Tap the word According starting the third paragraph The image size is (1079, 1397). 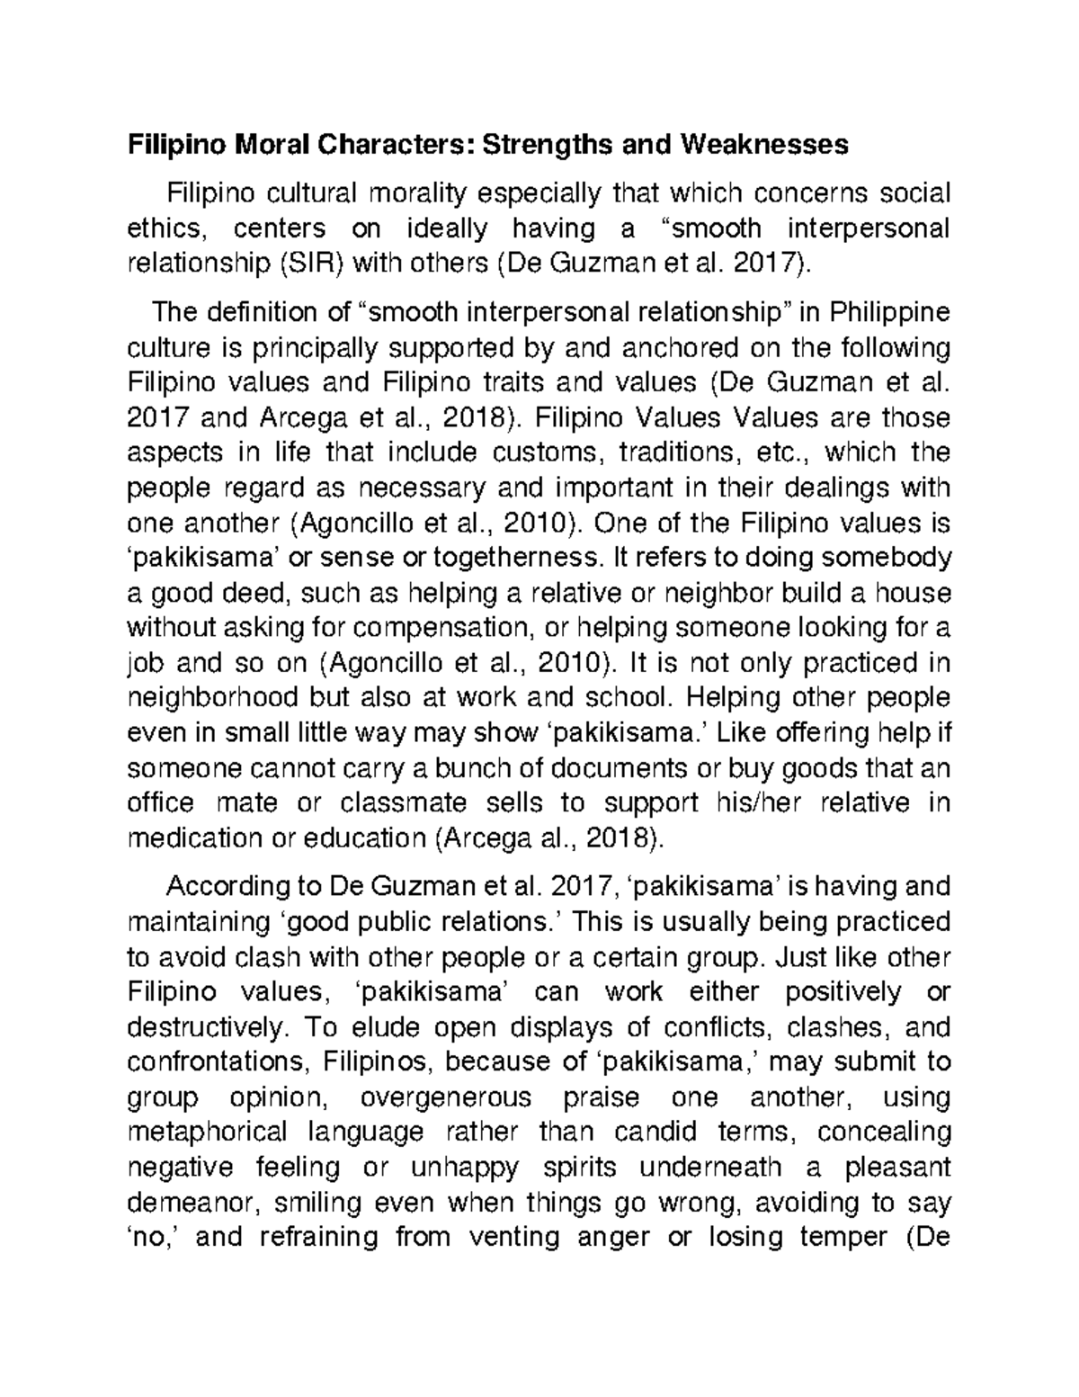pos(227,887)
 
